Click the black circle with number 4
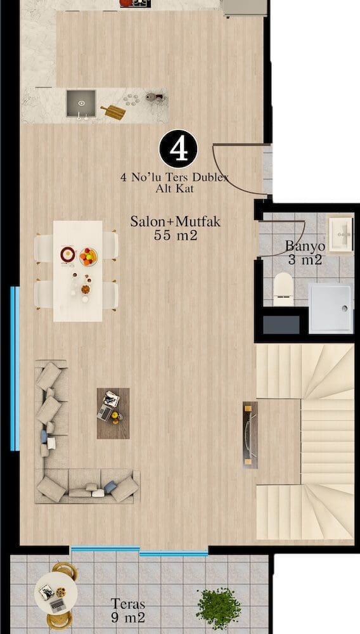[x=178, y=148]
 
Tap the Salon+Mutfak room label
[x=176, y=221]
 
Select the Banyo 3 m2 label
[x=305, y=253]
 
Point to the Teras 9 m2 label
[x=127, y=611]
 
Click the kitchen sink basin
[x=81, y=103]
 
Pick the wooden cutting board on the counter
[x=113, y=112]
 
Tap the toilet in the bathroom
[x=283, y=288]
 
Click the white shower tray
[x=331, y=308]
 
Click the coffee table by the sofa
[x=113, y=413]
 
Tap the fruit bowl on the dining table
[x=89, y=257]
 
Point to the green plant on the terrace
[x=219, y=609]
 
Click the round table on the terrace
[x=56, y=593]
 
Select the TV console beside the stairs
[x=250, y=435]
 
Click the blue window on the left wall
[x=15, y=368]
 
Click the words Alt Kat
[x=174, y=188]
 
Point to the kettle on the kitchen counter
[x=153, y=96]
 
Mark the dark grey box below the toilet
[x=281, y=325]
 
